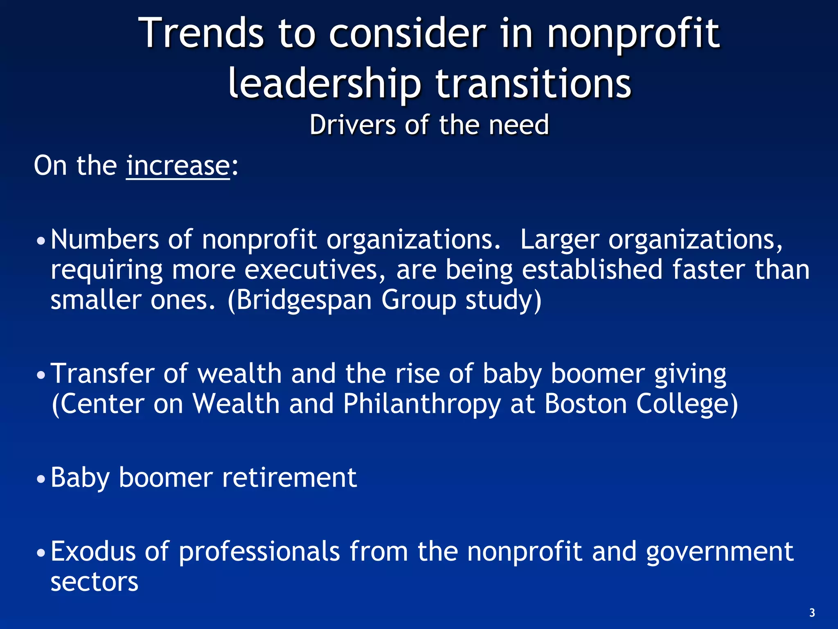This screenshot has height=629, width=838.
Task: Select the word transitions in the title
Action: pos(533,84)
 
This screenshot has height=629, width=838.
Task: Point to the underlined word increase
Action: pos(178,165)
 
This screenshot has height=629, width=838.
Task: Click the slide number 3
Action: pos(812,613)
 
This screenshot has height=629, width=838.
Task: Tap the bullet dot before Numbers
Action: pos(41,241)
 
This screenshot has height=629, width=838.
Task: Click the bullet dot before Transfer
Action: pos(41,375)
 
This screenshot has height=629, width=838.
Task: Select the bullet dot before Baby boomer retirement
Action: pos(41,479)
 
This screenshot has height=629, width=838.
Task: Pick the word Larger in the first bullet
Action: pos(559,240)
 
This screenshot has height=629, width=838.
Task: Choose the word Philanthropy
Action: pos(422,405)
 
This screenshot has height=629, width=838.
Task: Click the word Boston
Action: pos(586,404)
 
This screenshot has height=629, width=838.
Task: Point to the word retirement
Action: pos(289,477)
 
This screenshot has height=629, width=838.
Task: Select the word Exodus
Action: pos(93,551)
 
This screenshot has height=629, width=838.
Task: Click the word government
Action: pos(720,552)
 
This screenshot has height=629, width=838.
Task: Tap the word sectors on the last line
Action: pos(95,582)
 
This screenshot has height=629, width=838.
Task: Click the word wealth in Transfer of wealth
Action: pos(240,373)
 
